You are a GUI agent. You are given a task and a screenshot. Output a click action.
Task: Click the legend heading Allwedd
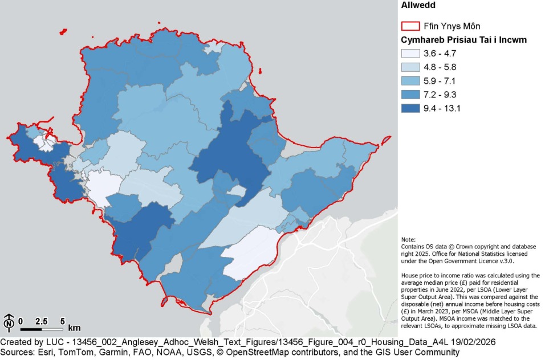click(x=419, y=6)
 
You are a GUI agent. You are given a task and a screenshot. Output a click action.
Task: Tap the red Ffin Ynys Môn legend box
click(x=410, y=26)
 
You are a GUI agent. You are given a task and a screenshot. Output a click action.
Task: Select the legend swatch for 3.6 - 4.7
click(x=410, y=54)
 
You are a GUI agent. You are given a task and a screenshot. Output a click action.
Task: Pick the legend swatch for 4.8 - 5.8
click(x=410, y=67)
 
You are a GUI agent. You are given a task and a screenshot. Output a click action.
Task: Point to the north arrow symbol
click(x=9, y=322)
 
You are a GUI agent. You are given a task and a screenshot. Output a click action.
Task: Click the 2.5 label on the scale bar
click(x=41, y=321)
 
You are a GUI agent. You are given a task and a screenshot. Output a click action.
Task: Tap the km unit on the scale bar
click(x=74, y=328)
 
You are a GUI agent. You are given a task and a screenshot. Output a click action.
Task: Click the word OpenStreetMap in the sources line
click(x=259, y=353)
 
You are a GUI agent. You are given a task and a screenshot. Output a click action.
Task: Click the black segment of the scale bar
click(x=31, y=329)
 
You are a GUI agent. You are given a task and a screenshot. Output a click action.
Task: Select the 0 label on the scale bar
click(x=21, y=321)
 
